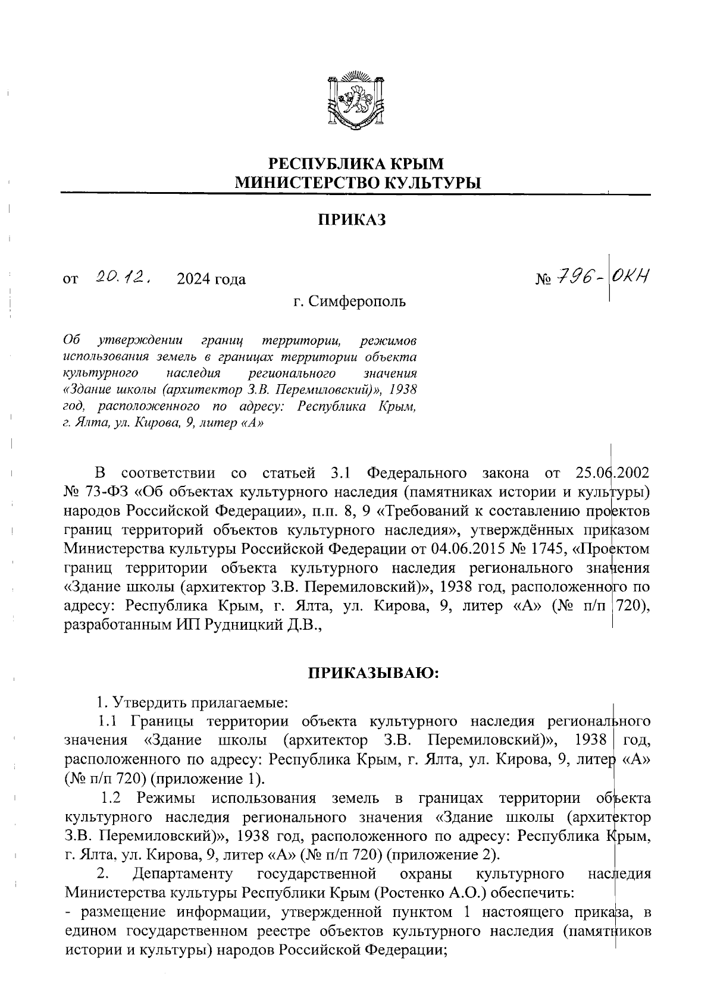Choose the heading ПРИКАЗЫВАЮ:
[373, 673]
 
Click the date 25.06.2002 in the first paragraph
[613, 473]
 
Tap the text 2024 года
[211, 278]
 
